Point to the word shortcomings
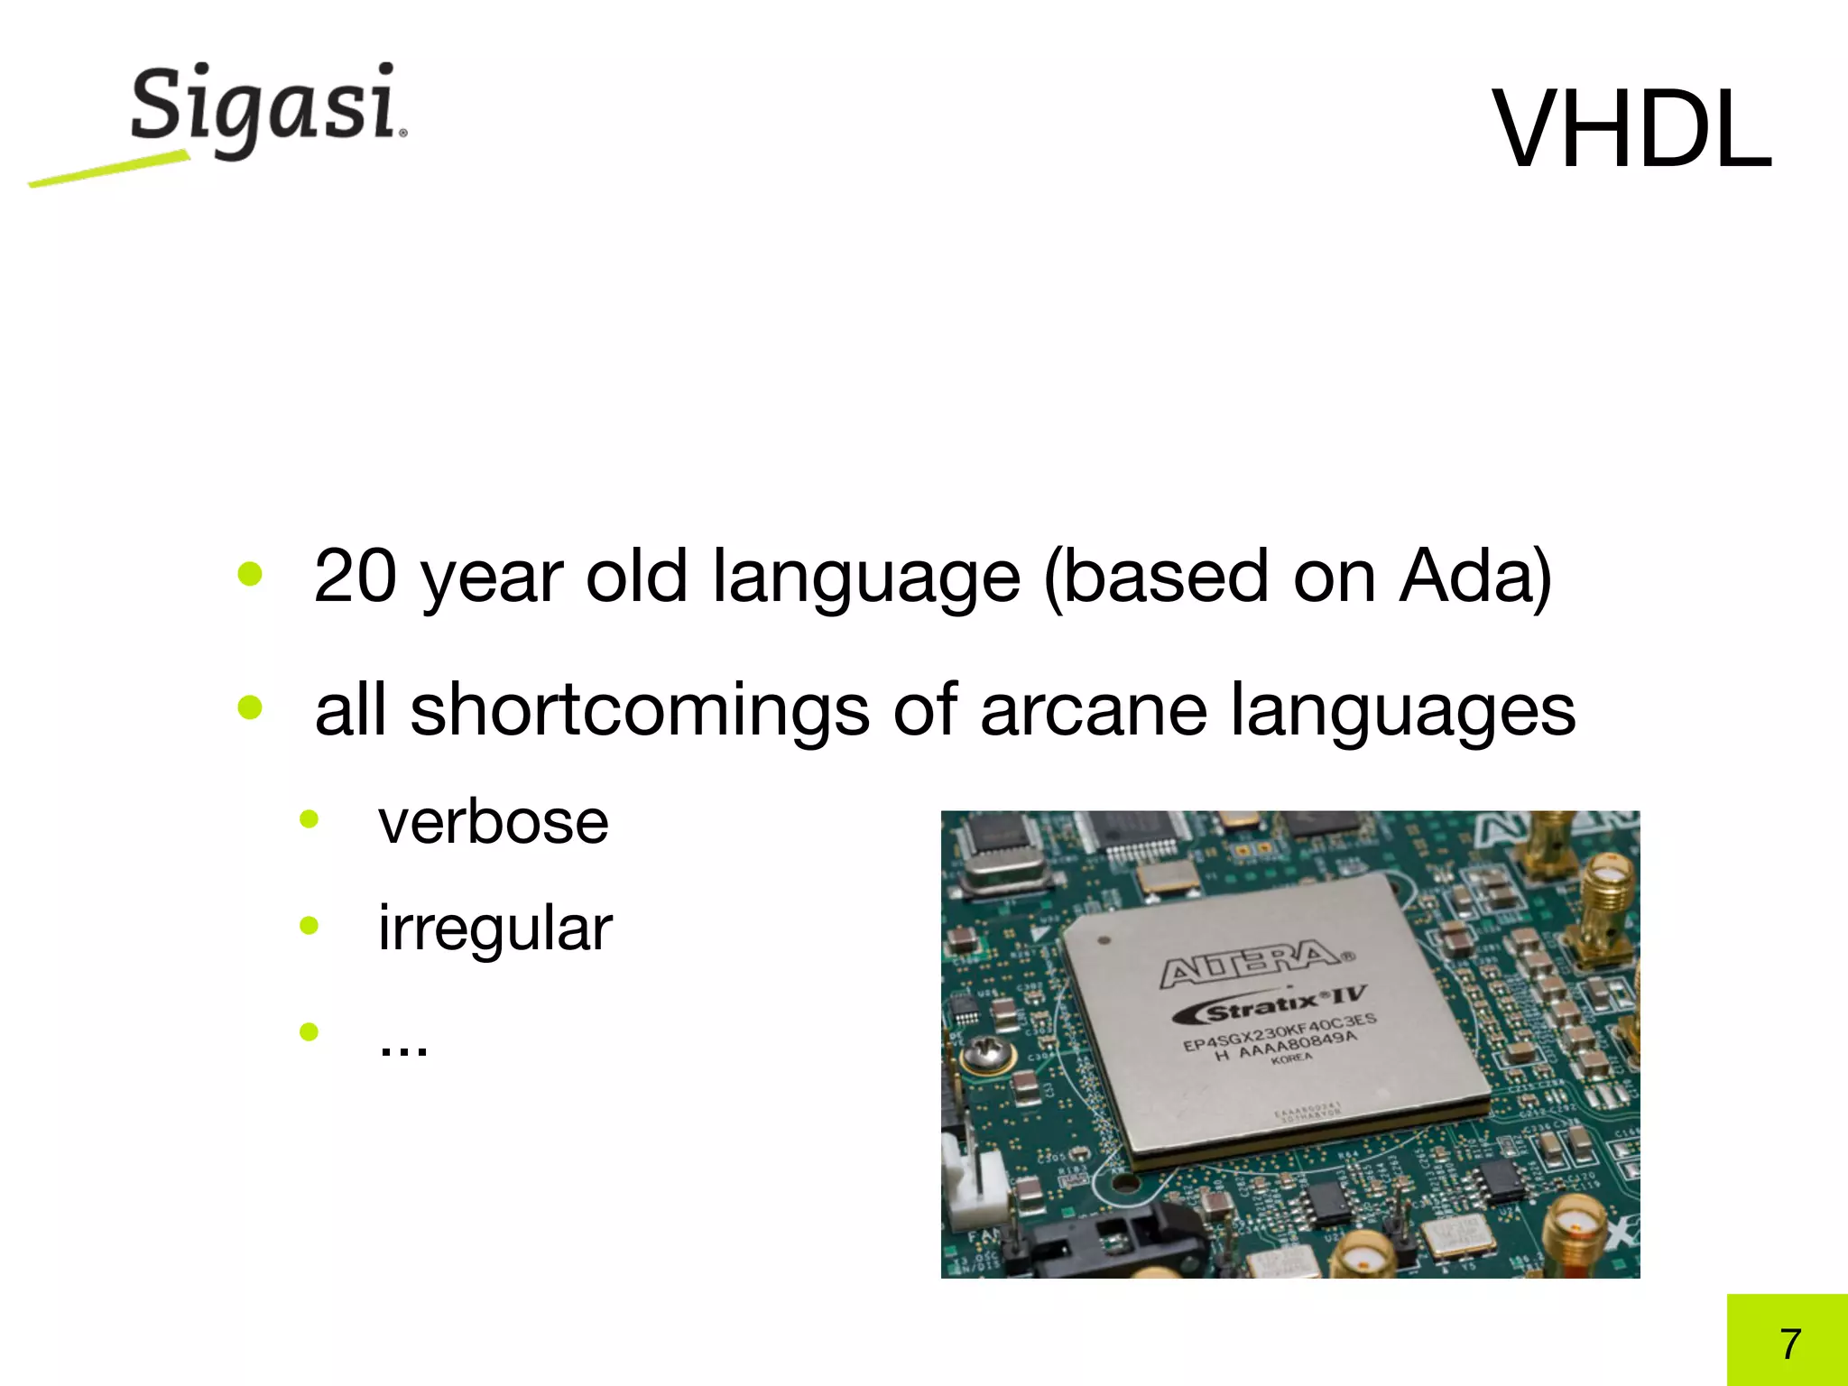click(639, 710)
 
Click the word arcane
click(1093, 710)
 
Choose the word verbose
click(494, 822)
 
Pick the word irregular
click(494, 928)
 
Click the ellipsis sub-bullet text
click(403, 1045)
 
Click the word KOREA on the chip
click(1291, 1058)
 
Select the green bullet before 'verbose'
click(310, 819)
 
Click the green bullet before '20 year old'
click(250, 574)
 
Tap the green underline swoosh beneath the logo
click(108, 170)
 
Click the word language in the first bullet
click(866, 577)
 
